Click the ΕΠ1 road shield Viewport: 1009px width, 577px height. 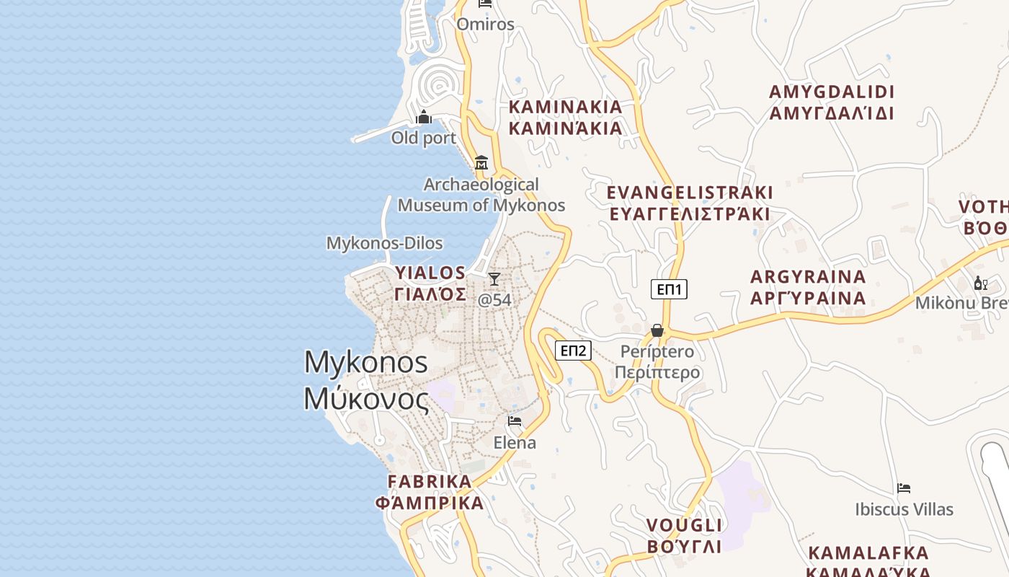point(669,289)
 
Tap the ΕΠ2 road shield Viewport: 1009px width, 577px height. point(573,351)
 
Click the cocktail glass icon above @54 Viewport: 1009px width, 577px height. point(494,279)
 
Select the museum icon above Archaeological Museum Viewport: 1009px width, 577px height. point(481,163)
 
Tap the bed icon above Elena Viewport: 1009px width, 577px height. point(515,421)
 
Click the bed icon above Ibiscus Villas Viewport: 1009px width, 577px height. point(904,488)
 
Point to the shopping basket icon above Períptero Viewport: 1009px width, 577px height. point(657,330)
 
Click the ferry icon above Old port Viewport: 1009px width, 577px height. point(424,117)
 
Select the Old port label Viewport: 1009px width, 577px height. point(424,138)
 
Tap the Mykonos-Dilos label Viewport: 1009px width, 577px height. point(385,243)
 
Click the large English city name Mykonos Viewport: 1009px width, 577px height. point(366,362)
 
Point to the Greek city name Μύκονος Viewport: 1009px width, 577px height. point(366,398)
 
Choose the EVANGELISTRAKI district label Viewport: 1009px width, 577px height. point(690,193)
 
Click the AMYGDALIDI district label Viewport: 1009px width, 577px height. point(832,92)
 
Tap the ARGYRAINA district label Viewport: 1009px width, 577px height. point(808,277)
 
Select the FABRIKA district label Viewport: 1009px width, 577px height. point(430,481)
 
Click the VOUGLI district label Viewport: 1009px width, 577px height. point(684,525)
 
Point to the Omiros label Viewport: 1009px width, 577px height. point(486,25)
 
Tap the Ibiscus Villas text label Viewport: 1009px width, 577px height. point(904,509)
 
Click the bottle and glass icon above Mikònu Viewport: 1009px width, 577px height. point(980,283)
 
